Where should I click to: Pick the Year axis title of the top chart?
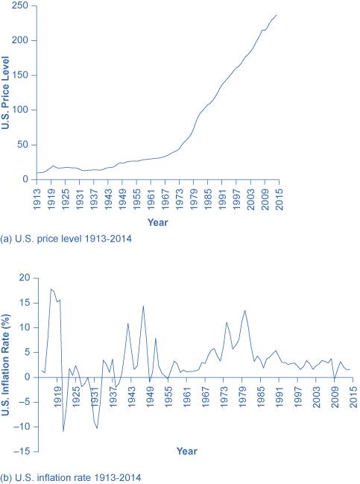point(157,221)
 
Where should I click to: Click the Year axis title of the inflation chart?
point(187,450)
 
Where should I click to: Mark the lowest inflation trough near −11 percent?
point(63,431)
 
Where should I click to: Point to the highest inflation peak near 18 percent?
point(51,289)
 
